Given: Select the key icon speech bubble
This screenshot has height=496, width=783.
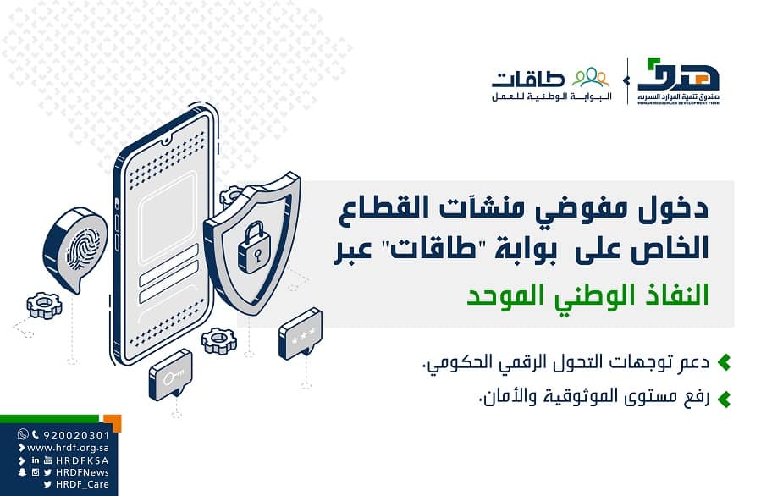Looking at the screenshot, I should click(170, 373).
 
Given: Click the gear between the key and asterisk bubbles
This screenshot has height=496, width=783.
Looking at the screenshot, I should click(219, 340).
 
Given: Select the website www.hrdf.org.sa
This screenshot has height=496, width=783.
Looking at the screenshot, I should click(68, 448).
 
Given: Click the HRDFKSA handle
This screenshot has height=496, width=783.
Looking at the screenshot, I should click(82, 460).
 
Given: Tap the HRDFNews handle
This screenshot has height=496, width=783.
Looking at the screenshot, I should click(82, 472).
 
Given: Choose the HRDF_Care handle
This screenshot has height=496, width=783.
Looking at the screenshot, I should click(82, 484).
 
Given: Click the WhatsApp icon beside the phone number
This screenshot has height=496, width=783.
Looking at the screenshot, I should click(23, 435).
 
